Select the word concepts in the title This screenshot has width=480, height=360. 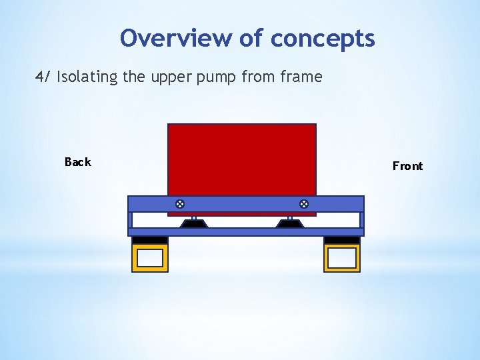coord(323,38)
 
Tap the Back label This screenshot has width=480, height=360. coord(77,162)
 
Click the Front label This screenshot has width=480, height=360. coord(407,166)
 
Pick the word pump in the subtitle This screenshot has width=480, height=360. coord(218,77)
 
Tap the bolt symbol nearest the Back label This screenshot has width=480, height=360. coord(179,203)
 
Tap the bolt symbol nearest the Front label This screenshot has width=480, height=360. coord(303,203)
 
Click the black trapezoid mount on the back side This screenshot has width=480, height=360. coord(194,224)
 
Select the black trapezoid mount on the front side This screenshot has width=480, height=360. coord(290,224)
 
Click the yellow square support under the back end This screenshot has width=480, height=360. coord(150,258)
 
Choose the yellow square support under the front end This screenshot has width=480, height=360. coord(342,258)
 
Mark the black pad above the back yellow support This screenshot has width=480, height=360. coord(150,240)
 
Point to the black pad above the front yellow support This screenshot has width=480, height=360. coord(342,240)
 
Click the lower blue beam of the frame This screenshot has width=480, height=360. coord(245,232)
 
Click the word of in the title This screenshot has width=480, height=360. coord(251,38)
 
